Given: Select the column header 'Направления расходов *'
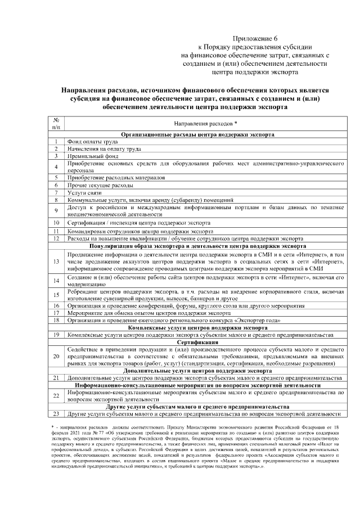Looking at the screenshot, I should pos(205,124).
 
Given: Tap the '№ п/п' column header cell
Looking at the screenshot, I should pos(56,124).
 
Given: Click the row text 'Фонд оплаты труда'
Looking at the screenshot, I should pos(92,142).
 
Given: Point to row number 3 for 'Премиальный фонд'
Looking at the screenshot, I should pos(56,157).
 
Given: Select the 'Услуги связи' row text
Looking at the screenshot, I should pos(84,192).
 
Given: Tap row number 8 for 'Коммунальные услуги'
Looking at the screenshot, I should pos(56,200).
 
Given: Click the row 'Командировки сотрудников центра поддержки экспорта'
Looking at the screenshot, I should pos(141,231).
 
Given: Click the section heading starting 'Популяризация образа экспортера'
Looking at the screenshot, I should pos(197,246).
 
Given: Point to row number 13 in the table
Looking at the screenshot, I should pos(56,262).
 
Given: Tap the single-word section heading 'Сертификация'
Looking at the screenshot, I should pos(197,342).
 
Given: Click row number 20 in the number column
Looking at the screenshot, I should pos(56,357).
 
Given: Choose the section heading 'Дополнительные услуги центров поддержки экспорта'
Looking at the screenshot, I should pos(197,371).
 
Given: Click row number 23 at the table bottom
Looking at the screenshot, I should pos(56,414).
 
